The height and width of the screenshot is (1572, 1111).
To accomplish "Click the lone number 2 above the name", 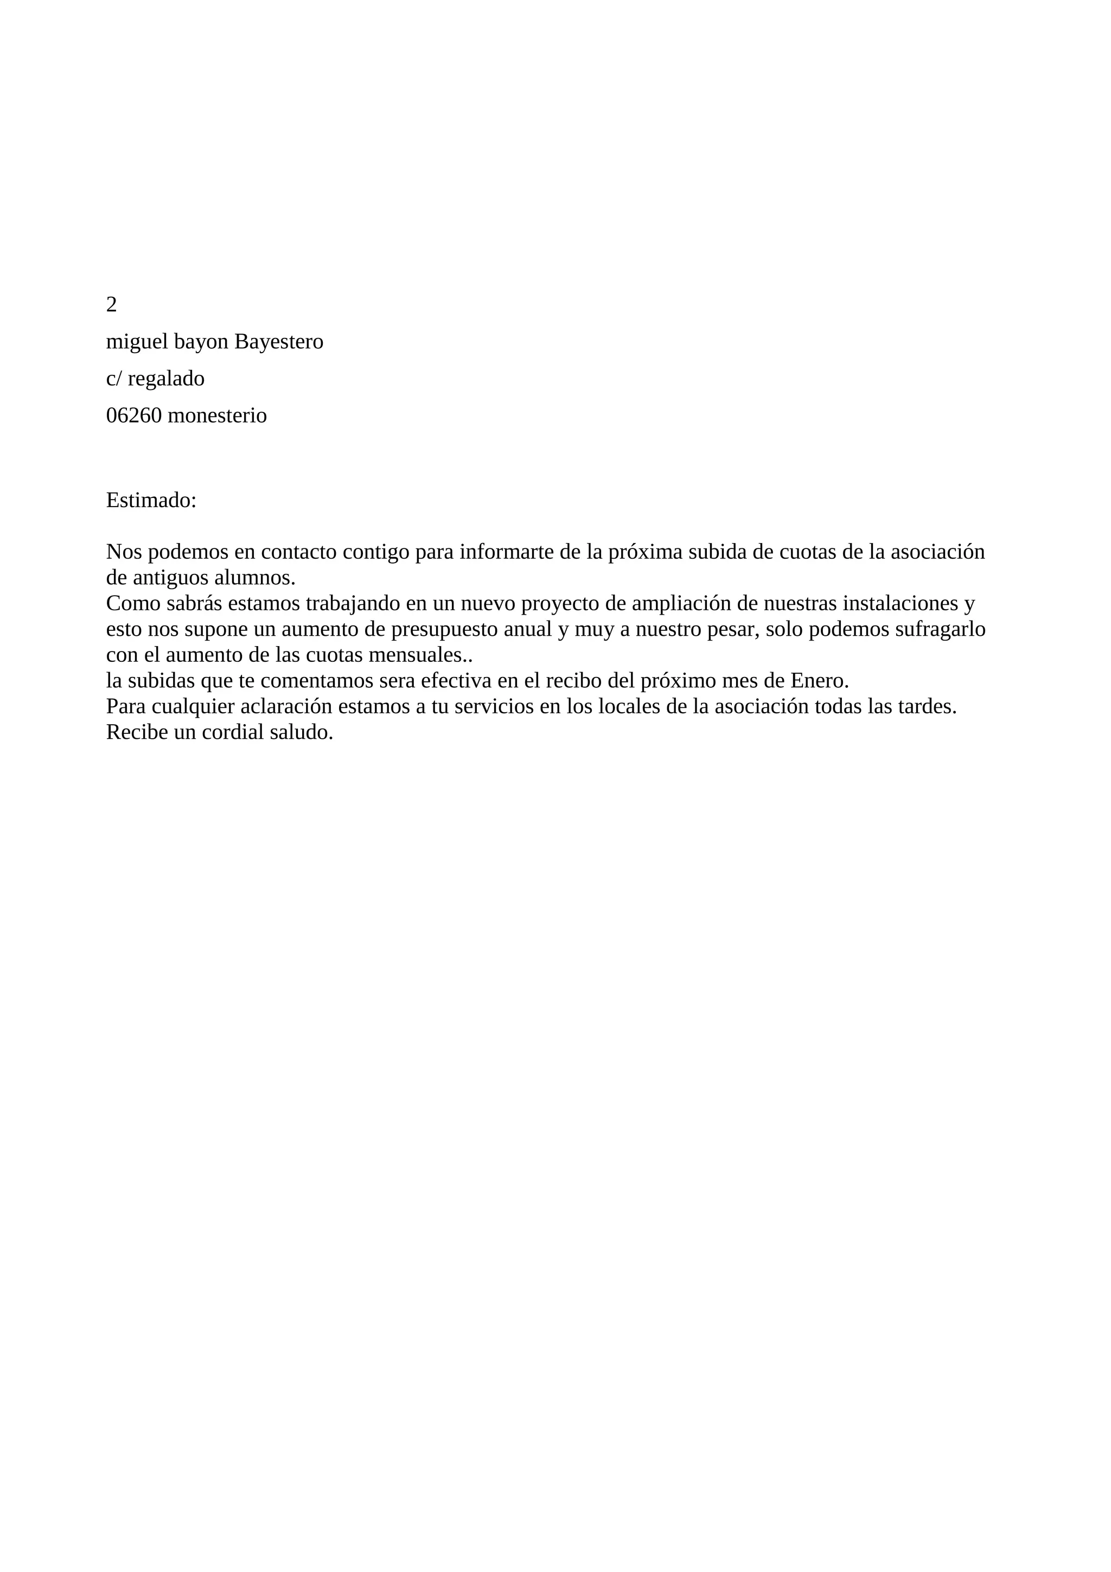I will [x=112, y=305].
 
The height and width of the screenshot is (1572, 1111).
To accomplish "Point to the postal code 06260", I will [x=133, y=416].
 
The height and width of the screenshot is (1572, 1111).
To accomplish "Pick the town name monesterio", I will [x=217, y=416].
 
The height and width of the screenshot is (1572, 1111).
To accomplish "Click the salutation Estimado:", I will [x=151, y=501].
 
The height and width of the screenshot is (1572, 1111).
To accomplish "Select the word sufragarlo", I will [x=941, y=630].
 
